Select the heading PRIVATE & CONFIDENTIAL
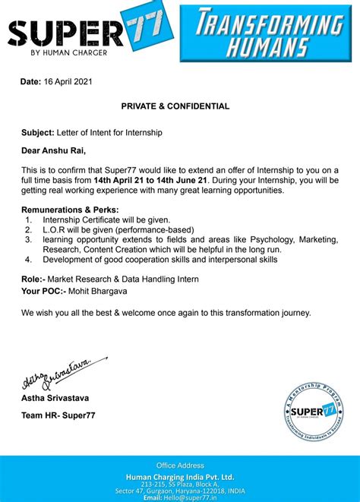[x=175, y=106]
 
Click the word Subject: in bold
[x=39, y=132]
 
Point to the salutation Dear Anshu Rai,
[x=58, y=150]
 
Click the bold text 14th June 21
[x=181, y=180]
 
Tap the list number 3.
[x=28, y=240]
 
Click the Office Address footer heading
[x=180, y=464]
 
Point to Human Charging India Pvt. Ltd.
[x=180, y=475]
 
